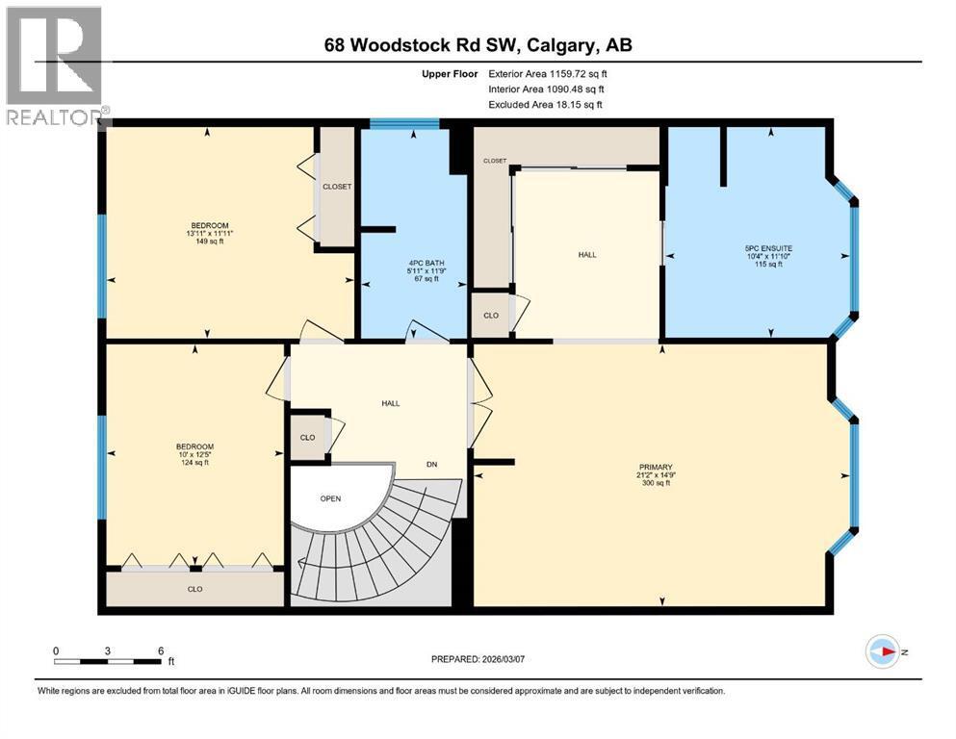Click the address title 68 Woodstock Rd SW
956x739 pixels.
pos(478,44)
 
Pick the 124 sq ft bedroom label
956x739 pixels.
pos(194,454)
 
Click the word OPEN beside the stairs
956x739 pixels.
pos(331,498)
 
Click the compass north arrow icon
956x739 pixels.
pos(883,651)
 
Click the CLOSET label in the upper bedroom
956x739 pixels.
pos(336,187)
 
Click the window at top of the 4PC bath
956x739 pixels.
pos(404,123)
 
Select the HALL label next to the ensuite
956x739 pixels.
pos(586,255)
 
